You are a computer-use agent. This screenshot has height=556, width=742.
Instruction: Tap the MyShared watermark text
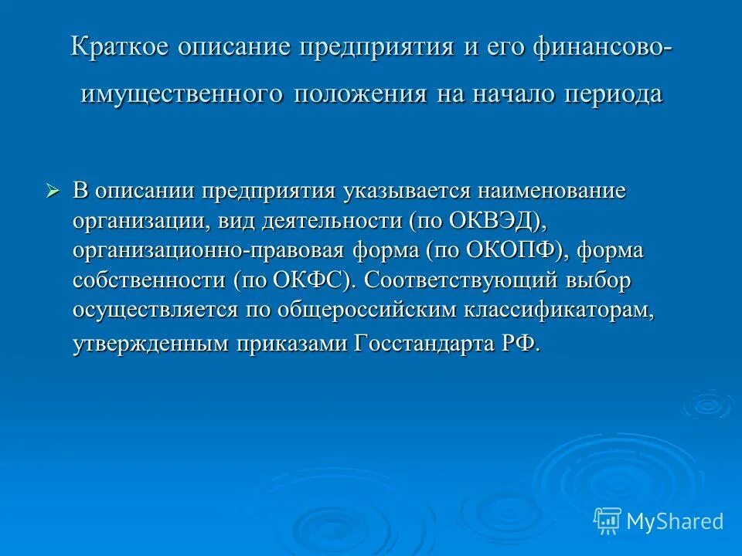point(674,521)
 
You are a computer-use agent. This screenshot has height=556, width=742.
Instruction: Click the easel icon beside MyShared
point(608,521)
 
